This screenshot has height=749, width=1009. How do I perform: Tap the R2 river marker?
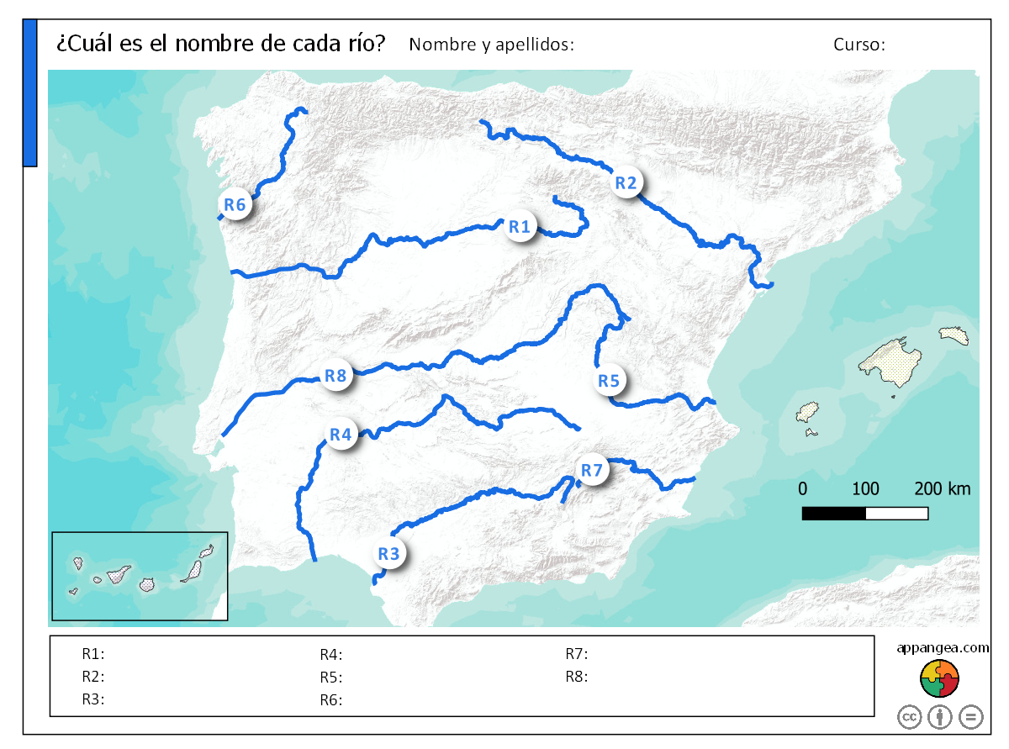[x=626, y=182]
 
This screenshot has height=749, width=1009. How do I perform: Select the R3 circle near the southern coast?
[x=388, y=554]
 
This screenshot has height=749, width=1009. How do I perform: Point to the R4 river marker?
[x=341, y=435]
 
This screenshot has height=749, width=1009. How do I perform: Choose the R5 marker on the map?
[x=609, y=381]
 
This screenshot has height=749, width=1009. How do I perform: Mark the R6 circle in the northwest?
[x=235, y=204]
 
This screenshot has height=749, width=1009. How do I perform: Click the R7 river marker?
[x=592, y=471]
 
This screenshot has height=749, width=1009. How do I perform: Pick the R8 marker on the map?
[x=335, y=376]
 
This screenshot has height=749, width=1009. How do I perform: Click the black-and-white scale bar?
[x=864, y=513]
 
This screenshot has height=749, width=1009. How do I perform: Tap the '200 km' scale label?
[x=943, y=488]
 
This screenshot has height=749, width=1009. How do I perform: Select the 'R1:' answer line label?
[x=92, y=653]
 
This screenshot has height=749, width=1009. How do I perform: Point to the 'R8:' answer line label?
[x=576, y=676]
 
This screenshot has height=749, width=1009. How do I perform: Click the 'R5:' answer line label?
[x=330, y=678]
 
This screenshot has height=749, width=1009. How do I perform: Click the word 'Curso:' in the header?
[x=859, y=45]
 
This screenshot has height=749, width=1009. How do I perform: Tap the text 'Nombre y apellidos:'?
[x=491, y=45]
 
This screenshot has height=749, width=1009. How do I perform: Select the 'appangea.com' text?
[x=942, y=647]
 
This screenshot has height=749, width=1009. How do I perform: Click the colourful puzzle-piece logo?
[x=940, y=678]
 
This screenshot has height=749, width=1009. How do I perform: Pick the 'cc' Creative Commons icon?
[x=910, y=717]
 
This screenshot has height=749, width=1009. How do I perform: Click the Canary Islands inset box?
[x=140, y=576]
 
